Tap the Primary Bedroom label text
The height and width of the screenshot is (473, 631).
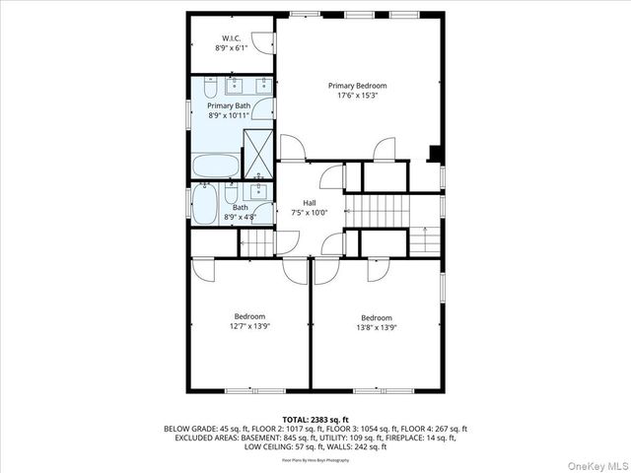[x=357, y=86]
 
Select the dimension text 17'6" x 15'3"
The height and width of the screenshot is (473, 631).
[x=357, y=96]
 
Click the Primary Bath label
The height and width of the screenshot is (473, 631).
[x=228, y=105]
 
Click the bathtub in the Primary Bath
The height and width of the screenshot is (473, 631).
[x=216, y=164]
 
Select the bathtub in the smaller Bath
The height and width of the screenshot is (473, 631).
[x=204, y=206]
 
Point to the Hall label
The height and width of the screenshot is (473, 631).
[x=310, y=202]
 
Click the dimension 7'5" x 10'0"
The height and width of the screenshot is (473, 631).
[x=310, y=212]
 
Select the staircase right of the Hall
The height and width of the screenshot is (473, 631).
[x=376, y=209]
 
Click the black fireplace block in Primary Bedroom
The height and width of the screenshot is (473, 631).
[x=433, y=153]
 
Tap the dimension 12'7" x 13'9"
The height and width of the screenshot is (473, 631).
[x=249, y=326]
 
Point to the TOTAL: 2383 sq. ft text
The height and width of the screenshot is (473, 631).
[x=315, y=420]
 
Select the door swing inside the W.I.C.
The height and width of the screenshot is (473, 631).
[x=262, y=42]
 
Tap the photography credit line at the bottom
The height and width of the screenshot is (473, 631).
[x=315, y=460]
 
